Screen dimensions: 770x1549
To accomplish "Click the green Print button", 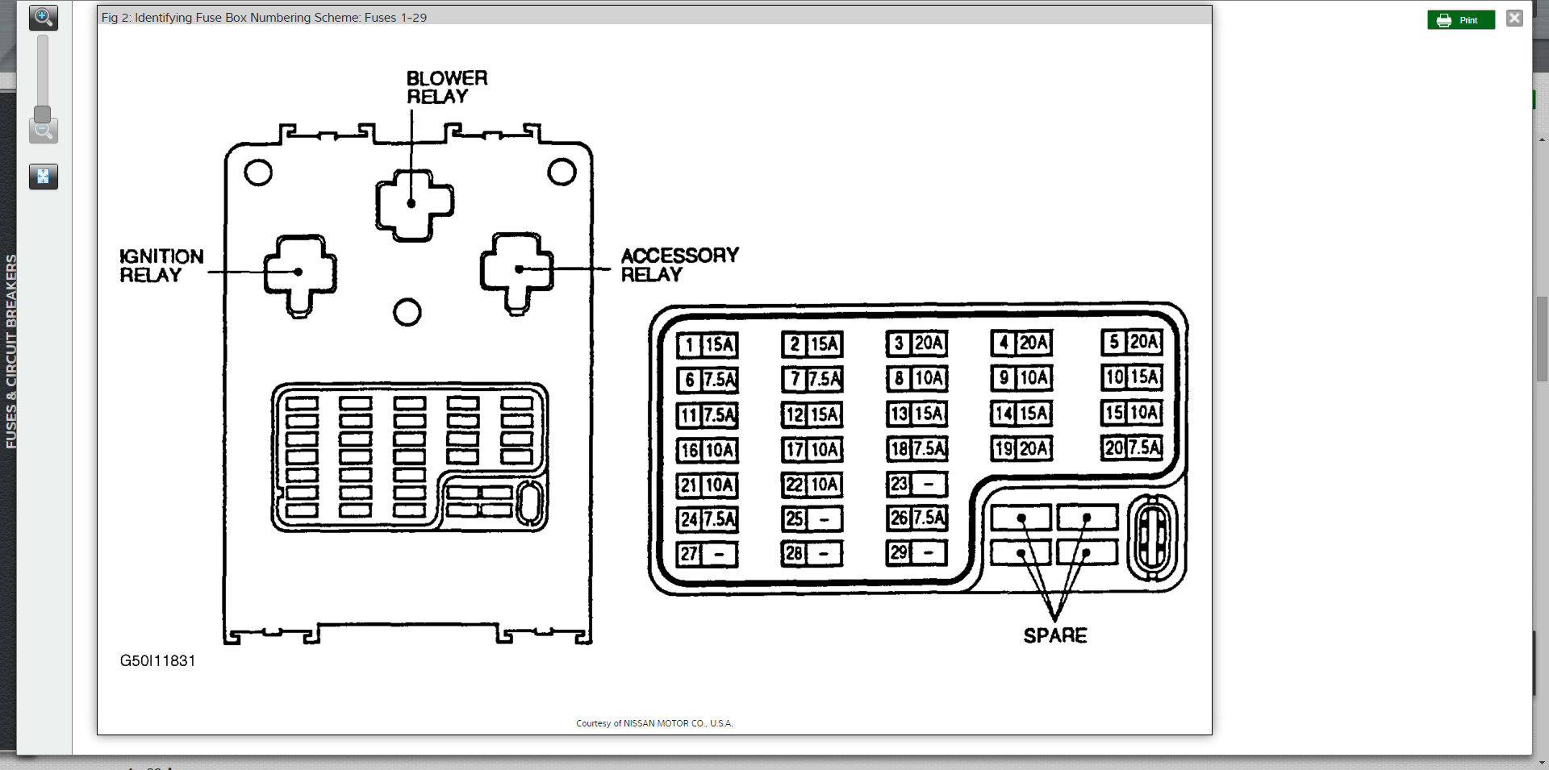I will (1460, 20).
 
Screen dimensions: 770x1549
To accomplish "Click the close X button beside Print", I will (1514, 18).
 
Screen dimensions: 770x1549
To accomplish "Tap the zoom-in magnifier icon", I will (43, 17).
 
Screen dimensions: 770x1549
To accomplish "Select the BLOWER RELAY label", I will (446, 87).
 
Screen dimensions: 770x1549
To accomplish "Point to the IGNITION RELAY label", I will (161, 265).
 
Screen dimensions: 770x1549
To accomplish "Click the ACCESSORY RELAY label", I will (679, 264).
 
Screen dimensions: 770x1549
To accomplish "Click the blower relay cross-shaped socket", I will (414, 205).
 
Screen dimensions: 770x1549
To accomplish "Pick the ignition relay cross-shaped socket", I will (300, 273).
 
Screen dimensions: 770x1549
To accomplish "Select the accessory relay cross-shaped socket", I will (517, 271).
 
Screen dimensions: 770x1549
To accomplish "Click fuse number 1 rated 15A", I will (707, 345).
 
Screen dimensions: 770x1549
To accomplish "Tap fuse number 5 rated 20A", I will (1132, 342).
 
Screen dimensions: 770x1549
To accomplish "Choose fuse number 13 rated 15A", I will (916, 414).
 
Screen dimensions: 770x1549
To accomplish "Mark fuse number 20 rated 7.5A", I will (1132, 447).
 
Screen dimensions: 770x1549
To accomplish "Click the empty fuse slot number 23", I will (916, 484).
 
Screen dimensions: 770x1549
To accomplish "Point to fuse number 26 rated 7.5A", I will (916, 518).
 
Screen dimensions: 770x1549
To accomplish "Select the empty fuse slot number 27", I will (707, 554).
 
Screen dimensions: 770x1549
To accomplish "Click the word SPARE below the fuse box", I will (1054, 635).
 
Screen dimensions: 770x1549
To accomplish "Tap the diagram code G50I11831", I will (157, 660).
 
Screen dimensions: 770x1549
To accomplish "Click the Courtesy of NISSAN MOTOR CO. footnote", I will (654, 723).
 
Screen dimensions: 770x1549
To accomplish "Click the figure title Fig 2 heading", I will (264, 17).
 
